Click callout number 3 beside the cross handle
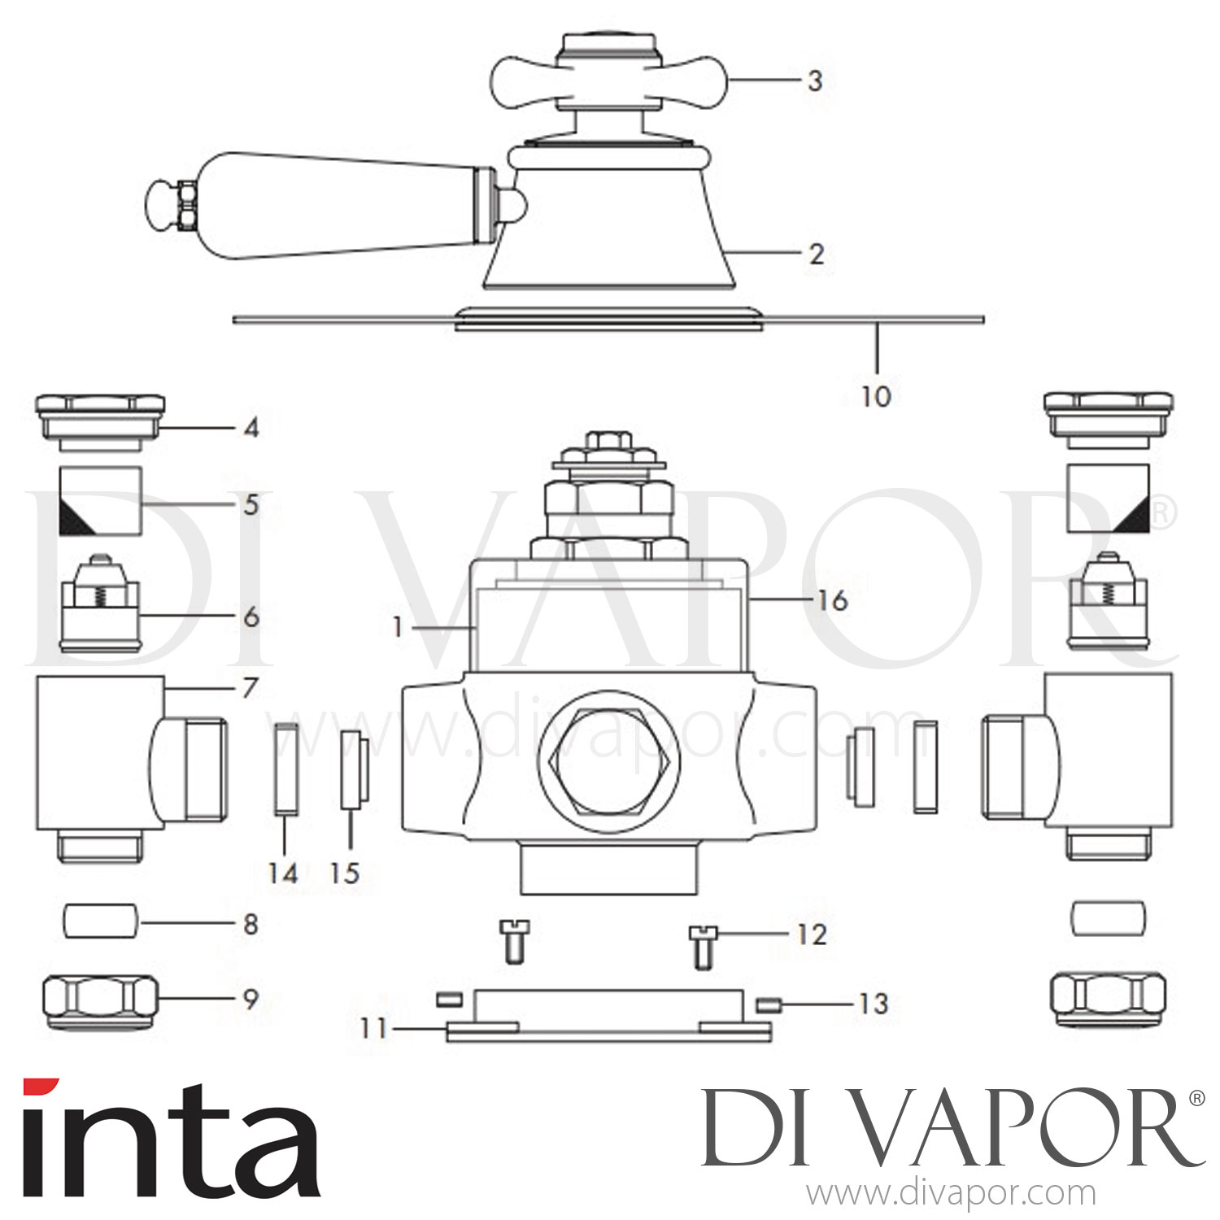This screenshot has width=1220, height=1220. click(x=814, y=81)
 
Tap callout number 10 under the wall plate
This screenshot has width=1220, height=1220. click(x=876, y=396)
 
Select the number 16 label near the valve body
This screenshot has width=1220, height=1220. click(x=832, y=600)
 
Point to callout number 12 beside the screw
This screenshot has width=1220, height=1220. click(x=811, y=935)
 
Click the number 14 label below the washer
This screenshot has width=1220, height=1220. click(x=283, y=873)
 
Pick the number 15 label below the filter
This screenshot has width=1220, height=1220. click(x=345, y=873)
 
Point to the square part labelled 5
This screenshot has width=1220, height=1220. click(x=101, y=500)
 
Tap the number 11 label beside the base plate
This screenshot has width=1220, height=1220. click(x=373, y=1029)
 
